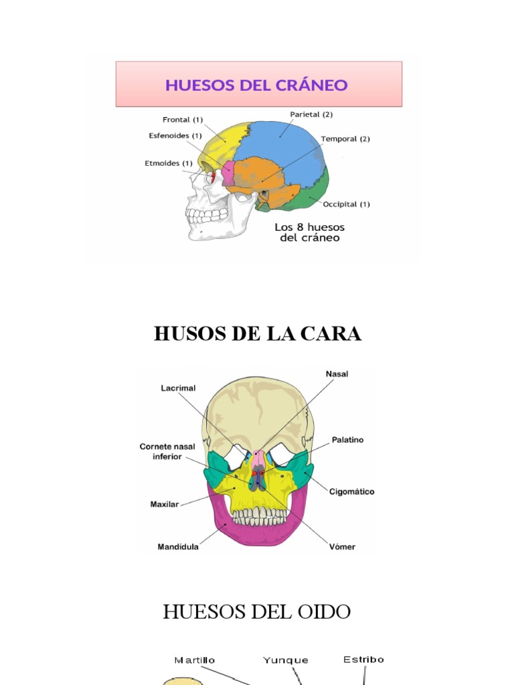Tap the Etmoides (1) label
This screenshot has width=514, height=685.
169,163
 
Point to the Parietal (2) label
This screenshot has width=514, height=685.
311,114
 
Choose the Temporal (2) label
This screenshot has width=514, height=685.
345,139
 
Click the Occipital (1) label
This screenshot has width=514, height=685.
346,204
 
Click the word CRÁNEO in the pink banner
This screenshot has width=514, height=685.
315,85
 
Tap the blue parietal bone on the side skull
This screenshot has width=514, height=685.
281,151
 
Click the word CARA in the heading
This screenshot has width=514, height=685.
330,334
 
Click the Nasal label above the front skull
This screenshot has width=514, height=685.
337,374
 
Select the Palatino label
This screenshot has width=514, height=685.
347,440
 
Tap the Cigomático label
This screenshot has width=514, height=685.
352,492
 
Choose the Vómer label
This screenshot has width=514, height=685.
342,547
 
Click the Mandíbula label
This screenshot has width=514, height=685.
178,547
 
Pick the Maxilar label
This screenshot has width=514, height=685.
165,504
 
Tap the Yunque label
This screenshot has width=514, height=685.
286,660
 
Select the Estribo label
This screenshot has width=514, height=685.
363,660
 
